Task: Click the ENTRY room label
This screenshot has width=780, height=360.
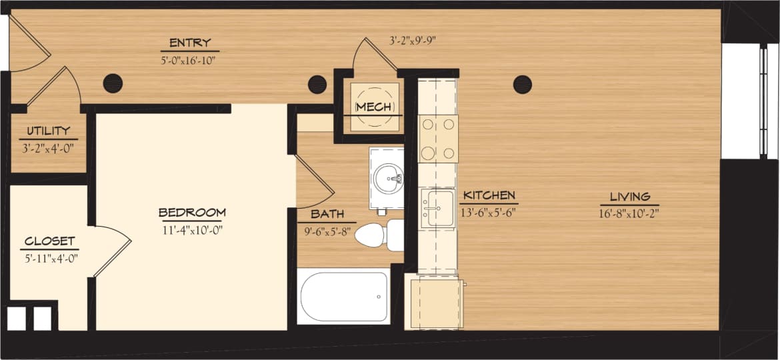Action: coord(190,43)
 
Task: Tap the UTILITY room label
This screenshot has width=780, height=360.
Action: coord(48,131)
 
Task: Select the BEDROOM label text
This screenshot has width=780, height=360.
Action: coord(192,213)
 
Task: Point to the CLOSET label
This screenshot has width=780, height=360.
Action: coord(49,241)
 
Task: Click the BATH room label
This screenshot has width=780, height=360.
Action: coord(327,215)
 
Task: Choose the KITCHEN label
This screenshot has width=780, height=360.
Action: coord(489,195)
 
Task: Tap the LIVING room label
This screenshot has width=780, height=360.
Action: coord(629,197)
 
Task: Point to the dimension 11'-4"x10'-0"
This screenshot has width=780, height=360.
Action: coord(192,230)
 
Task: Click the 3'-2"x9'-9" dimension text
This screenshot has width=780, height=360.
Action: coord(413,40)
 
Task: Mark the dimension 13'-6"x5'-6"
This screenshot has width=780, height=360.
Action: coord(489,213)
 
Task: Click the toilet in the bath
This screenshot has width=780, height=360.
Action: coord(377,235)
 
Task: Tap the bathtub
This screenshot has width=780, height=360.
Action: coord(344,296)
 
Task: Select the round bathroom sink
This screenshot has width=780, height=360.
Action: coord(388,178)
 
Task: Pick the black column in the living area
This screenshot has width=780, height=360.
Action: coord(522,85)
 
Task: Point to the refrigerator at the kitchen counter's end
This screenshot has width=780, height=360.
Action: coord(436,303)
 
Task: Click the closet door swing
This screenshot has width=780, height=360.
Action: coord(112,248)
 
